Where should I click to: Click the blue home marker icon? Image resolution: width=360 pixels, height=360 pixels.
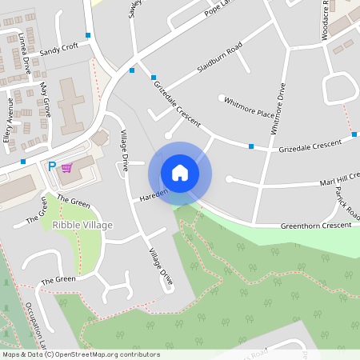[180, 173]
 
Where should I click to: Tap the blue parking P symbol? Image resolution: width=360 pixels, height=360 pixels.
[52, 166]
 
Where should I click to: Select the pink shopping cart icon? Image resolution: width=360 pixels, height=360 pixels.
[67, 167]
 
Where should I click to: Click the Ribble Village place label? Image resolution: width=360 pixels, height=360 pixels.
[82, 226]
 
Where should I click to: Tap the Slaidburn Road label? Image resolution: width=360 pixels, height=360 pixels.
[214, 61]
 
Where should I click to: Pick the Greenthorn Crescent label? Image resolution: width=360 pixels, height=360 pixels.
[315, 226]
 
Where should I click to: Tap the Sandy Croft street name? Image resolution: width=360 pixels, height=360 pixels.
[59, 46]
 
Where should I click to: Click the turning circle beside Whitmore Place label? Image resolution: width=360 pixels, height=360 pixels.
[222, 98]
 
